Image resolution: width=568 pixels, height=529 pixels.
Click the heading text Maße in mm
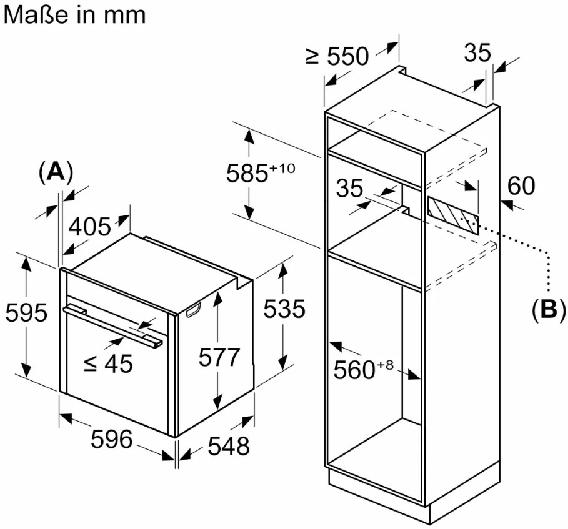point(74,14)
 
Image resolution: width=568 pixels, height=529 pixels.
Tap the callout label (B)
point(548,310)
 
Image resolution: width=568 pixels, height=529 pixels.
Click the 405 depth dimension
point(89,226)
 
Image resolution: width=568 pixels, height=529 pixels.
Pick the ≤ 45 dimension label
point(108,362)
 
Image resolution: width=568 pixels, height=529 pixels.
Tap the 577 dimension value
point(219,357)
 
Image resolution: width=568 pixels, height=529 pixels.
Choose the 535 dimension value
point(284,309)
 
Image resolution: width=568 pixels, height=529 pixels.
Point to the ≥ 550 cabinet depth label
point(337,56)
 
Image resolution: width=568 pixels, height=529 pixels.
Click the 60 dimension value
point(521,185)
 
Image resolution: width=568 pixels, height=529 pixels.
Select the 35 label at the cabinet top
point(477,53)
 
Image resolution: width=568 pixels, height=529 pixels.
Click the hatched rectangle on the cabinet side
point(454,214)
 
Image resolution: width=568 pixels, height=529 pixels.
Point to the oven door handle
point(113,324)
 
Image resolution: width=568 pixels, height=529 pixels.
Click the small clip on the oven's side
point(193,310)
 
